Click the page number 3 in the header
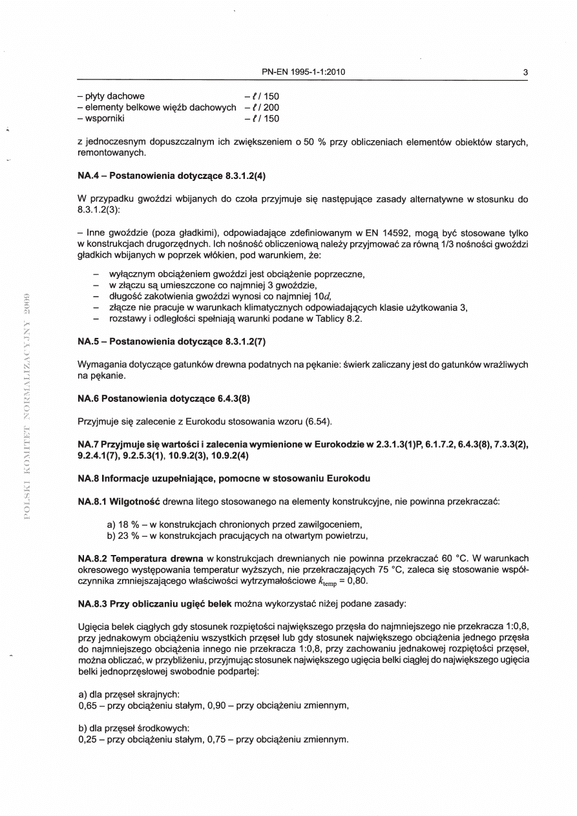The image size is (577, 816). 526,72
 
